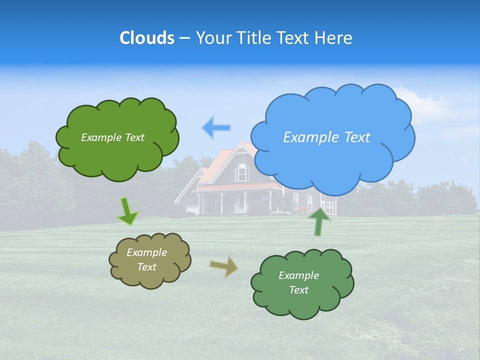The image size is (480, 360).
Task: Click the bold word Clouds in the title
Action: [x=146, y=38]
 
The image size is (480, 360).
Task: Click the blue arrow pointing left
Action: [x=216, y=128]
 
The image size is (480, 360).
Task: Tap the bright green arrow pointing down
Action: [x=128, y=211]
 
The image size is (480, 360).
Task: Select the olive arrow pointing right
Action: [x=224, y=266]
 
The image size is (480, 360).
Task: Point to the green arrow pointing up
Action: [x=319, y=221]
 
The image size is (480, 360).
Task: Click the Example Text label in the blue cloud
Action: [x=326, y=137]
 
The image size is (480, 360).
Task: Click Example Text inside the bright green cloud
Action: [x=112, y=137]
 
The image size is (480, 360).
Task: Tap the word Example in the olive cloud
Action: [x=146, y=252]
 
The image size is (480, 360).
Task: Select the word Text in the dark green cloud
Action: [x=298, y=290]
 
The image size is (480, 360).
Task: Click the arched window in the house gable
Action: [x=242, y=172]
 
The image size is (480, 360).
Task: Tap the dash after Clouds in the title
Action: [x=184, y=38]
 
